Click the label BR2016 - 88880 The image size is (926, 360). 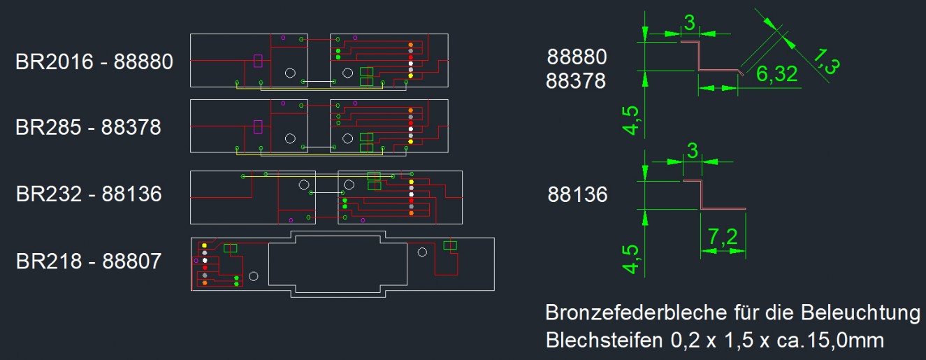coord(94,62)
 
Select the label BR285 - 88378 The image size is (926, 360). coord(88,127)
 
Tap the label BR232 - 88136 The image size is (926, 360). coord(89,193)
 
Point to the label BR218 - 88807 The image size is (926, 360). coord(89,261)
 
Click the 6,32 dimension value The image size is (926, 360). coord(776,73)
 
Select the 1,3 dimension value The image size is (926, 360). coord(827,60)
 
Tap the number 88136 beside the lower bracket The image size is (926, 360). coord(577,194)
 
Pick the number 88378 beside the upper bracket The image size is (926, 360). coord(577,81)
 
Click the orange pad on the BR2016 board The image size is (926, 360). coord(410,45)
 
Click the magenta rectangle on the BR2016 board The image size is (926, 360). coord(258,61)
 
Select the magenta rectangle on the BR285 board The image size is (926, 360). coord(258,127)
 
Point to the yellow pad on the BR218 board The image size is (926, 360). coord(204,245)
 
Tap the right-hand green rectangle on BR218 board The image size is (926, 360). coord(450,245)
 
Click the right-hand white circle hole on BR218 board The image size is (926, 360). coord(421,252)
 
